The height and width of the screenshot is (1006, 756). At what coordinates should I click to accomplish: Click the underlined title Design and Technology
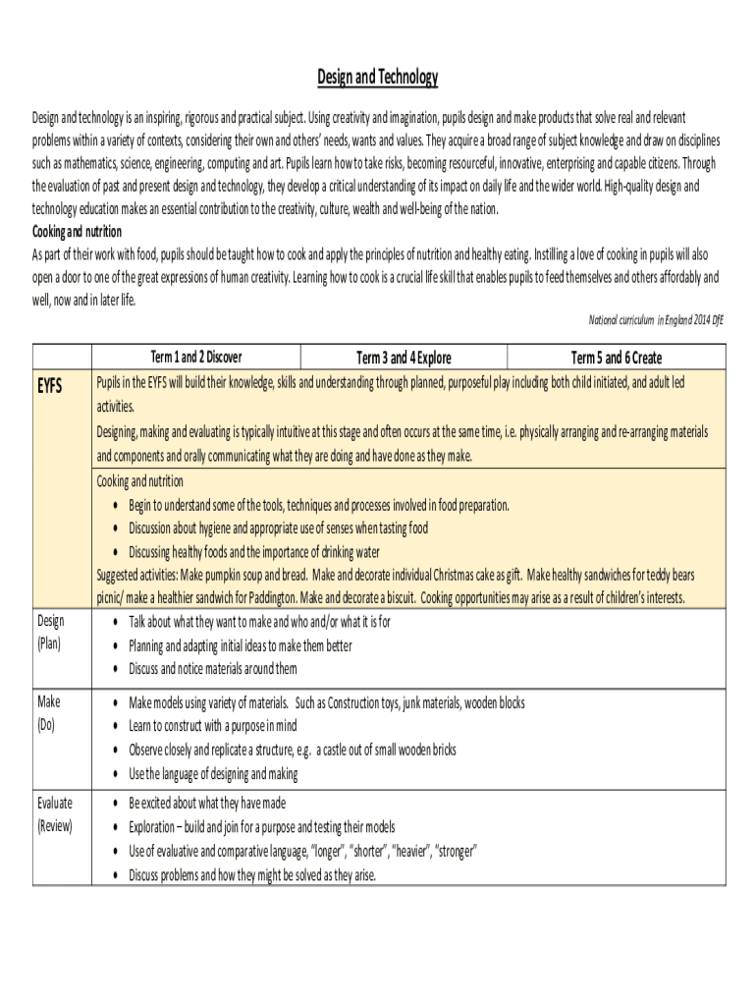click(378, 78)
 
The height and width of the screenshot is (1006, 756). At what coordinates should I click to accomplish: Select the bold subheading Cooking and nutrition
click(78, 232)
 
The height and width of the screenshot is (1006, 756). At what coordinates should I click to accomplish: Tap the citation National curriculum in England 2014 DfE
click(655, 319)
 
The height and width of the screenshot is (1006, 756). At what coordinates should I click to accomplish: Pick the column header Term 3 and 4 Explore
click(404, 358)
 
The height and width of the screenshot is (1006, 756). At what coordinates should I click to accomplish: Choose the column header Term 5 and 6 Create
click(617, 358)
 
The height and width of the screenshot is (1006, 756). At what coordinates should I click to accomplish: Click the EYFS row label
click(50, 385)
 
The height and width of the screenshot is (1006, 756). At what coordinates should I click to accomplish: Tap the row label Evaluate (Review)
click(55, 813)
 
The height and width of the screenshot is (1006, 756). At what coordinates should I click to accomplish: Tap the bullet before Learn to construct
click(117, 727)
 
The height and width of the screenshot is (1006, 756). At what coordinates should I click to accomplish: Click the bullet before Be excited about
click(117, 804)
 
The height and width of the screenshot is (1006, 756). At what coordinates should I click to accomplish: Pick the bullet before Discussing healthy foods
click(117, 552)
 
